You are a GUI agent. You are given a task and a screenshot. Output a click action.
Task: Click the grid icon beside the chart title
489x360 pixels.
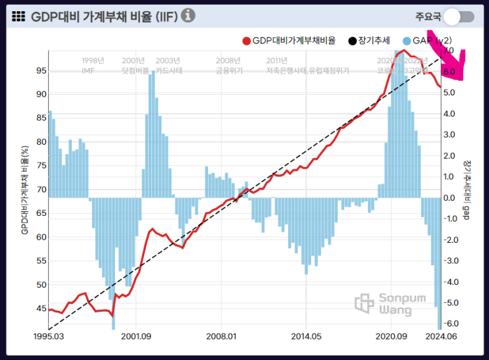pos(18,16)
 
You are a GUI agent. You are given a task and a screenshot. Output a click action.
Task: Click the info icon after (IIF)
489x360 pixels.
pos(188,15)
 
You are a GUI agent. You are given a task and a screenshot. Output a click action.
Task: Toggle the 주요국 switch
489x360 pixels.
pos(459,16)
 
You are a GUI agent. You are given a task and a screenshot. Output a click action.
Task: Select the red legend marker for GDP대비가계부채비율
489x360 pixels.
pos(246,41)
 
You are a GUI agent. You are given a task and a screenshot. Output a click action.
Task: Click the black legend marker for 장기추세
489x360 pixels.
pos(352,41)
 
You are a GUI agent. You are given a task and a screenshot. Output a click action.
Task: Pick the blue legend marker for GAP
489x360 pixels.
pos(407,41)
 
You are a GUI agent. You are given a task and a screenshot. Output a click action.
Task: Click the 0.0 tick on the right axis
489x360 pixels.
pos(450,197)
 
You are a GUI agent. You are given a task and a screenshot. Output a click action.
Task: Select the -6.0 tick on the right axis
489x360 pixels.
pos(450,324)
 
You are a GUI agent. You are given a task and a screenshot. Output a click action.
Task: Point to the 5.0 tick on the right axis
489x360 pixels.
pos(450,93)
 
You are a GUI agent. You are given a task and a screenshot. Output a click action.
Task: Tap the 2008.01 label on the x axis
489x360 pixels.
pos(222,337)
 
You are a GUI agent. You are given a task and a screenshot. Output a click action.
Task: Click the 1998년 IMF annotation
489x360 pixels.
pos(93,64)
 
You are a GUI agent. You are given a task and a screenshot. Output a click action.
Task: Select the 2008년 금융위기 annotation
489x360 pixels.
pos(228,64)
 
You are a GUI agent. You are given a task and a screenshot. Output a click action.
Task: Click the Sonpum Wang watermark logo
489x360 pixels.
pos(365,303)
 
